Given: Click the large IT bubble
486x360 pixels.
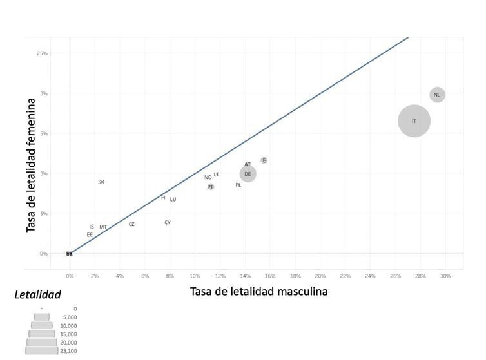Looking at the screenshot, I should (x=414, y=121).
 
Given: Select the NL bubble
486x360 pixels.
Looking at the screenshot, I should (x=437, y=95).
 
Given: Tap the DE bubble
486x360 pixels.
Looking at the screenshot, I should (x=248, y=174).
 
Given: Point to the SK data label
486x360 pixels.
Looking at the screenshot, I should (x=101, y=182).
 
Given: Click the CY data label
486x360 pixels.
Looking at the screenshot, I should (x=168, y=223).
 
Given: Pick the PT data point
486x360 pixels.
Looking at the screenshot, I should (x=211, y=187).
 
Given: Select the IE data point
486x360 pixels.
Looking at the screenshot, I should (x=264, y=160).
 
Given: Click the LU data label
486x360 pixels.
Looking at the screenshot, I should (x=173, y=200).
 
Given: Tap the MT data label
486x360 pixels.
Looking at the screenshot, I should (x=103, y=227).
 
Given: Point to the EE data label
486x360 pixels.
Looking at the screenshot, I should (x=90, y=235).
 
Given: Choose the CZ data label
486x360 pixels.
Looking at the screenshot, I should (x=131, y=225).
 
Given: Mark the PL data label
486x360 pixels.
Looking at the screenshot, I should (x=238, y=185).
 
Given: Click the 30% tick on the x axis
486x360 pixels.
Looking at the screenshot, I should (x=445, y=276).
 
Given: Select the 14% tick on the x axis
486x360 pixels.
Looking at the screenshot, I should (x=245, y=276).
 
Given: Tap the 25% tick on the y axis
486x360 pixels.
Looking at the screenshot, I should (x=42, y=53).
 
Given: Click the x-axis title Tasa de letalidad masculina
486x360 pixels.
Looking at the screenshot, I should (x=258, y=292).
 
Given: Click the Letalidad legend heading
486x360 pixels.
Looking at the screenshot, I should (x=37, y=295).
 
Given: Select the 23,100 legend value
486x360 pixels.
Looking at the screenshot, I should (x=67, y=352).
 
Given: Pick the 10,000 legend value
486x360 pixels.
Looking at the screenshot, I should (x=67, y=326).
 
